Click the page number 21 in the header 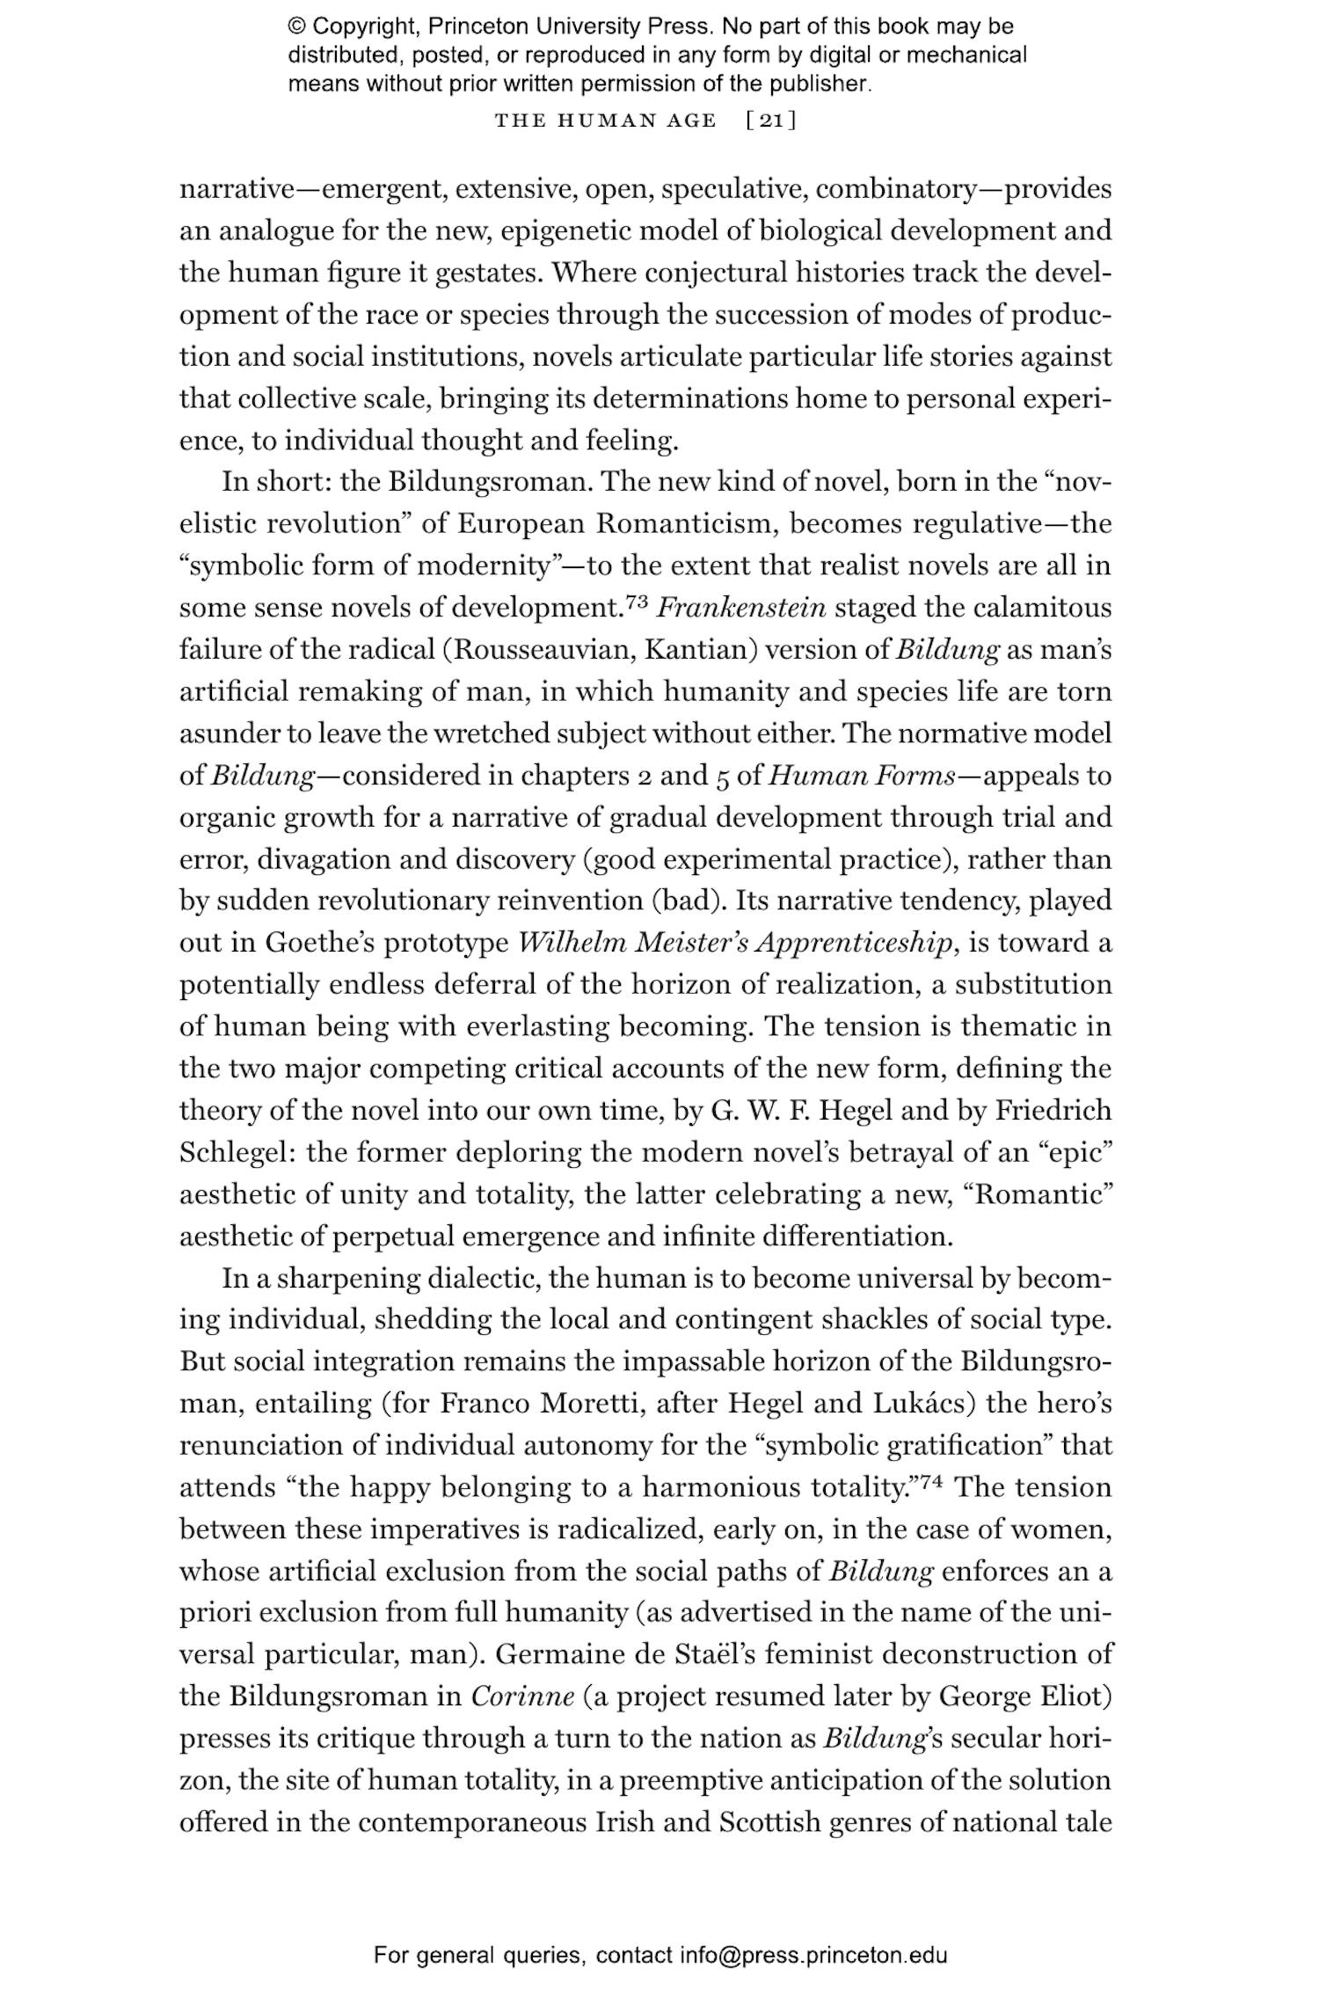click(770, 120)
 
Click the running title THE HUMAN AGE click(605, 120)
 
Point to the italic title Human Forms click(863, 776)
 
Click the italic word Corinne click(522, 1696)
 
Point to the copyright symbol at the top click(296, 26)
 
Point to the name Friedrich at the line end click(1053, 1111)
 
